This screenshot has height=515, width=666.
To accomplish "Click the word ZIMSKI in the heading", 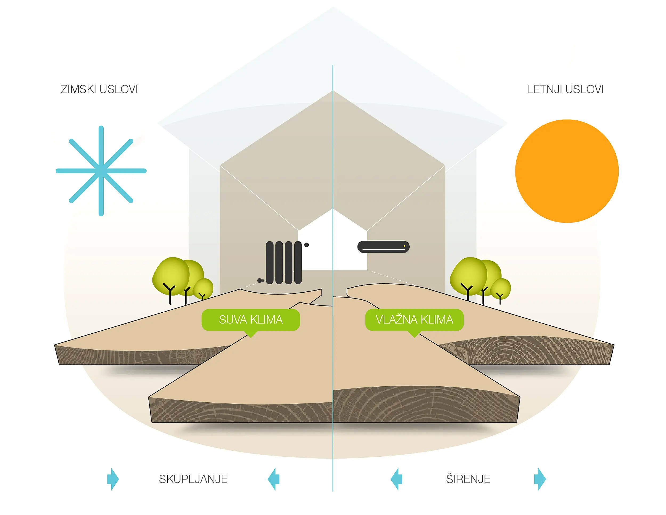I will pyautogui.click(x=79, y=89).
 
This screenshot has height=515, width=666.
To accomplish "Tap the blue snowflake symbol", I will pyautogui.click(x=101, y=171).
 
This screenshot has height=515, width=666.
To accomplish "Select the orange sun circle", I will pyautogui.click(x=567, y=171).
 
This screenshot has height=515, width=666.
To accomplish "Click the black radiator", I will pyautogui.click(x=284, y=263).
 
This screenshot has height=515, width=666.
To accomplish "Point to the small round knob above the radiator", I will pyautogui.click(x=306, y=245).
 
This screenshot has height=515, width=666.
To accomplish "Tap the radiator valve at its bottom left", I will pyautogui.click(x=260, y=280).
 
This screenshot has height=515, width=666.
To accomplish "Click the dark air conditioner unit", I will pyautogui.click(x=383, y=247).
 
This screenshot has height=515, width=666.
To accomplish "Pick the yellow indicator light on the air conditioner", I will pyautogui.click(x=404, y=246).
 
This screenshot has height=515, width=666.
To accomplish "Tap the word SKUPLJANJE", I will pyautogui.click(x=193, y=479).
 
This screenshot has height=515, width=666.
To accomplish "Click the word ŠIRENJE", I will pyautogui.click(x=468, y=479).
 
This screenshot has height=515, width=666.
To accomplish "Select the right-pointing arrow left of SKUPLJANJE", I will pyautogui.click(x=113, y=479).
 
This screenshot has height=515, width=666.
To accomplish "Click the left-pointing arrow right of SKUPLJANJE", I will pyautogui.click(x=274, y=479).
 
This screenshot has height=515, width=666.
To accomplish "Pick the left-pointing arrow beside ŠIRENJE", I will pyautogui.click(x=396, y=479).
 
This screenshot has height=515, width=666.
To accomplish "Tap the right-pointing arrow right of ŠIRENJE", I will pyautogui.click(x=540, y=479).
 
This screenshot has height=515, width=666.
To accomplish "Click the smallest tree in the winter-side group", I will pyautogui.click(x=203, y=288).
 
